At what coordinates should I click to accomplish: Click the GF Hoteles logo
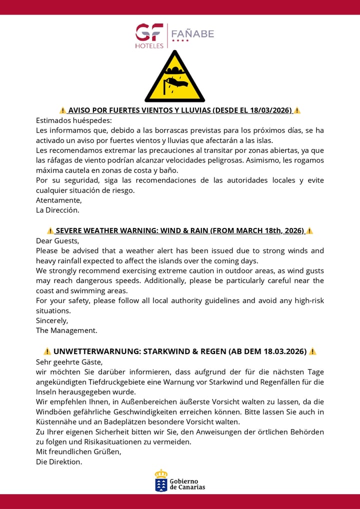tap(149, 36)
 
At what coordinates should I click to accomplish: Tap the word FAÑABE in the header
tap(192, 33)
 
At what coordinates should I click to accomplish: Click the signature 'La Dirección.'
tap(57, 210)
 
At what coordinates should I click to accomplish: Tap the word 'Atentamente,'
tap(58, 200)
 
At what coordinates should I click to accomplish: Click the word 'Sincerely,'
tap(52, 320)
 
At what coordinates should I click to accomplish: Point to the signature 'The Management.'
tap(66, 330)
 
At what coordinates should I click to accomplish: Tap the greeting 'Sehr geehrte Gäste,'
tap(69, 361)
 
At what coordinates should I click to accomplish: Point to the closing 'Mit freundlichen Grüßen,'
tap(78, 451)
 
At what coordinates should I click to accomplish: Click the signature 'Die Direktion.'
tap(59, 461)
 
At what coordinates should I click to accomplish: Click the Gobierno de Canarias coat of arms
tap(161, 481)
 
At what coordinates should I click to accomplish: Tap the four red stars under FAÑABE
tap(180, 40)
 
